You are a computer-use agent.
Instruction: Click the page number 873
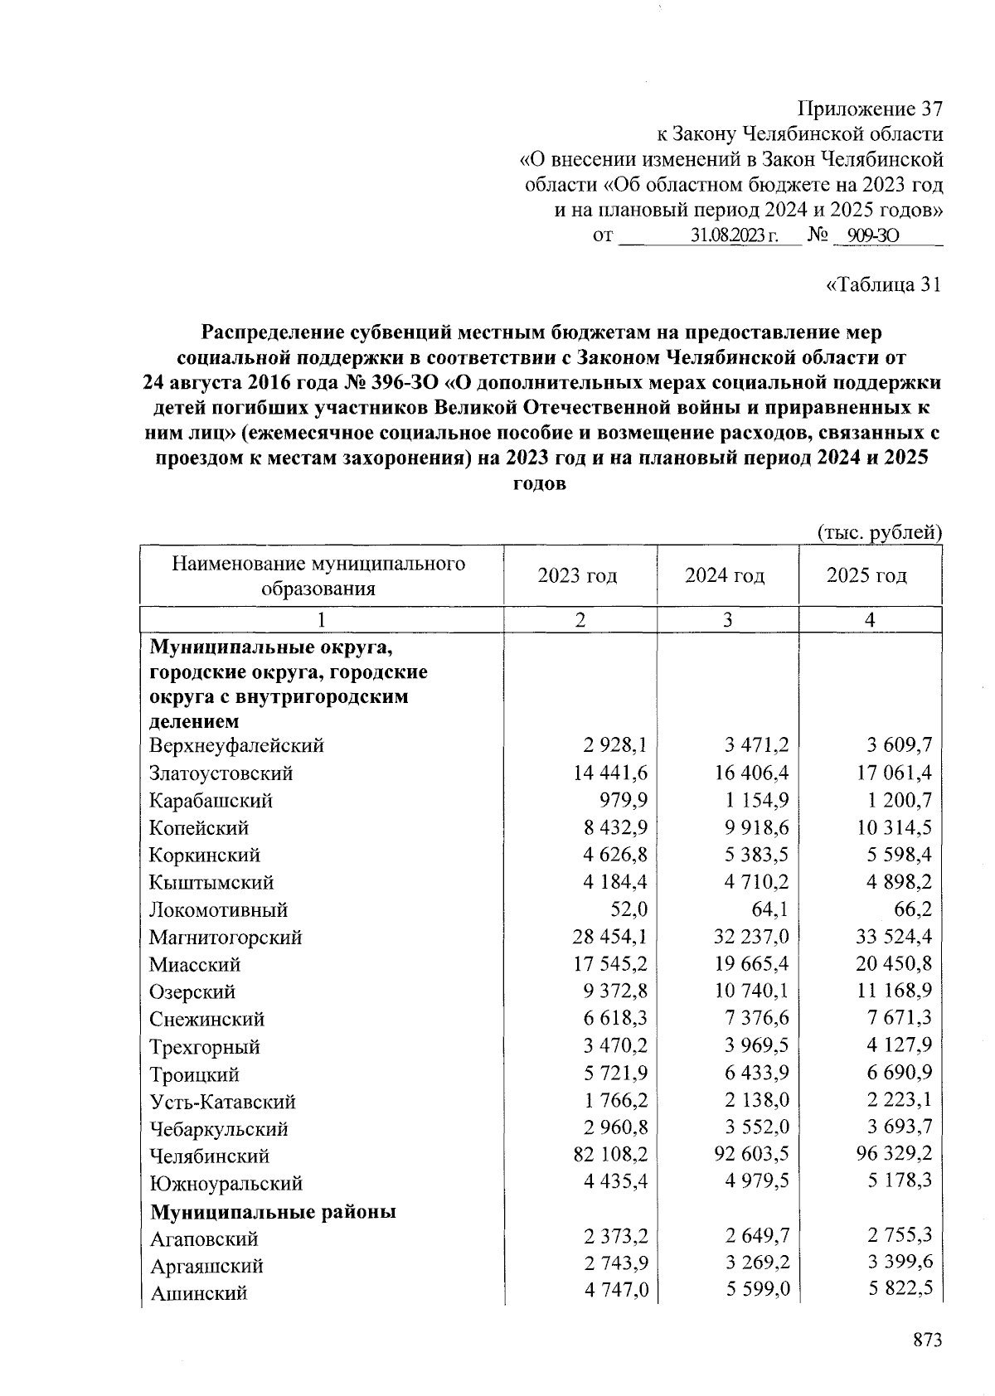925,1340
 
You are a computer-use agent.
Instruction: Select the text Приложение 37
870,109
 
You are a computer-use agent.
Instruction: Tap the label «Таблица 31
885,285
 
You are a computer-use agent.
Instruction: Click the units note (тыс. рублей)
880,532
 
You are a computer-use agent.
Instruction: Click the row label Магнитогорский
226,938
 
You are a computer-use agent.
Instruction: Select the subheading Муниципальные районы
273,1211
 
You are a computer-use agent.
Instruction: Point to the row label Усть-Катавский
222,1102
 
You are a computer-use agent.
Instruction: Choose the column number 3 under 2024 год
727,619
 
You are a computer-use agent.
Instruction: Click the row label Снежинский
206,1019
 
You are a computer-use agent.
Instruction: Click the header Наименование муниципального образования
319,576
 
